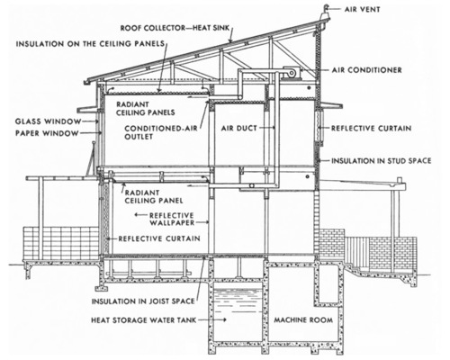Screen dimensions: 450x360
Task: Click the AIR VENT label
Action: pyautogui.click(x=362, y=9)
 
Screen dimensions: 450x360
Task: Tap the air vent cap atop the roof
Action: pyautogui.click(x=326, y=12)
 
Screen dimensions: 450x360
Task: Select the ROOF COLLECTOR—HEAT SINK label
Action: pyautogui.click(x=175, y=28)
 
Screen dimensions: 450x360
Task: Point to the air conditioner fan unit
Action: pyautogui.click(x=290, y=72)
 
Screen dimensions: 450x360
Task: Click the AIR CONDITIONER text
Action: pyautogui.click(x=366, y=70)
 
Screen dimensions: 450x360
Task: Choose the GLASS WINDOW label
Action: pyautogui.click(x=49, y=121)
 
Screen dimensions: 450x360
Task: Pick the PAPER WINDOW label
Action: pyautogui.click(x=47, y=133)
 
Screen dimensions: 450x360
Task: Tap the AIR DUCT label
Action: pyautogui.click(x=239, y=129)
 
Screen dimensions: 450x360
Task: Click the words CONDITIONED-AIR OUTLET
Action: pyautogui.click(x=161, y=132)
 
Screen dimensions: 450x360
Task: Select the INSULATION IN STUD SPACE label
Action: pyautogui.click(x=381, y=161)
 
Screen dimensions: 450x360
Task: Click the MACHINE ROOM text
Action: pyautogui.click(x=303, y=319)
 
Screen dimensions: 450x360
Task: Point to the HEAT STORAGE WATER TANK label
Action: pyautogui.click(x=144, y=320)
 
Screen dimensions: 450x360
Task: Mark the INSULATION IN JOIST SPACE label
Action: pyautogui.click(x=143, y=301)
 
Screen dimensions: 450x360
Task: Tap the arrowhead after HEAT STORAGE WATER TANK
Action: pyautogui.click(x=224, y=320)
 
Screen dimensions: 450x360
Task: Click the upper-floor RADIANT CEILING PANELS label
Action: pyautogui.click(x=146, y=109)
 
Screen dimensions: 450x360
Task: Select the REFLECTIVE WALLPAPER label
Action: pyautogui.click(x=172, y=219)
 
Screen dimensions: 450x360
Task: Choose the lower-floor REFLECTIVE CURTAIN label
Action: pyautogui.click(x=159, y=238)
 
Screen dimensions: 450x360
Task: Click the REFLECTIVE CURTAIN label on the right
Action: pyautogui.click(x=371, y=129)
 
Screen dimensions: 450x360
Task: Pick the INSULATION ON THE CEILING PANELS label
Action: pyautogui.click(x=90, y=44)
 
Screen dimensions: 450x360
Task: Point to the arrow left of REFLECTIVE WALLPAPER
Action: pyautogui.click(x=140, y=215)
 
